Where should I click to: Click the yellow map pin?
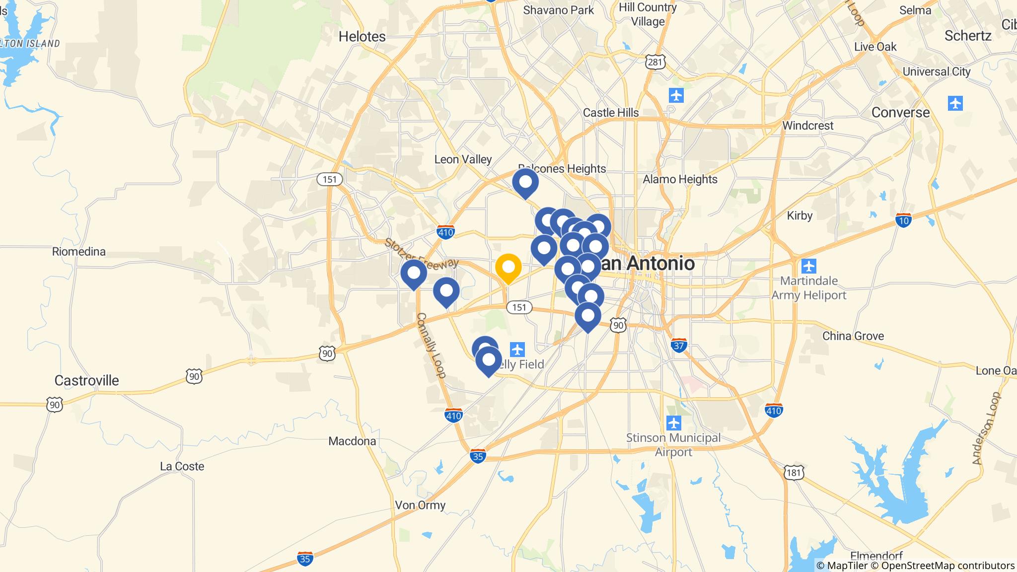click(x=508, y=268)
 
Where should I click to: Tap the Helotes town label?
click(x=362, y=36)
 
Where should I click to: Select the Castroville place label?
click(x=86, y=380)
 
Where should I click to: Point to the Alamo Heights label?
click(x=680, y=179)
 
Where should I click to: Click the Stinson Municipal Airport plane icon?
click(x=674, y=424)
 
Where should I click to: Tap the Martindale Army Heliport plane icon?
click(x=809, y=266)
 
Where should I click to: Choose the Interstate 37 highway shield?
click(x=679, y=345)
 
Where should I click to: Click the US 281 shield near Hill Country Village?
click(x=655, y=62)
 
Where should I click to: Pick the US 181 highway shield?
click(x=793, y=472)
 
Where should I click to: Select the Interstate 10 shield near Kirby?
click(x=904, y=220)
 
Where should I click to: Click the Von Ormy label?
click(x=420, y=505)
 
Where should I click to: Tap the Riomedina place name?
click(x=79, y=252)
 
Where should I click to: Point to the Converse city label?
click(x=900, y=112)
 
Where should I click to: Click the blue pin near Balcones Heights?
click(x=525, y=182)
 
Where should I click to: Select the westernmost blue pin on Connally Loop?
click(x=414, y=273)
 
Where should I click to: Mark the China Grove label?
click(x=853, y=336)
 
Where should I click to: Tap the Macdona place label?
click(x=352, y=441)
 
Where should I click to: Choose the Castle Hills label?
click(x=611, y=113)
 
